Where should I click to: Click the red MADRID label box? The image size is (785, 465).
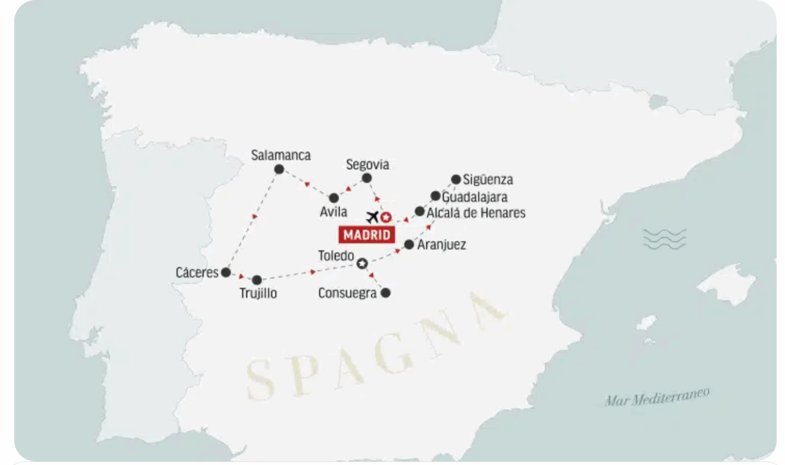(366, 235)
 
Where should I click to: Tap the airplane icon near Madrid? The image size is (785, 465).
(372, 217)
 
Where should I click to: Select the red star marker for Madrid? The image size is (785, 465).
(386, 217)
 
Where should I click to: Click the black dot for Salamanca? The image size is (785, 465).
(279, 169)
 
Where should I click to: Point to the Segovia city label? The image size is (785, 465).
(367, 165)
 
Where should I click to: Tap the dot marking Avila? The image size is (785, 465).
(334, 198)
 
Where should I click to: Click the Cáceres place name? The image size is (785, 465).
(197, 273)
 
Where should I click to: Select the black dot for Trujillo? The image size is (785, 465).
(257, 280)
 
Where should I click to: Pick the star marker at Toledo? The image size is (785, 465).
(362, 263)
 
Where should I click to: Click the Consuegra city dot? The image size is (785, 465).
(385, 293)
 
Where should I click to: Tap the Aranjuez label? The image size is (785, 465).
(442, 245)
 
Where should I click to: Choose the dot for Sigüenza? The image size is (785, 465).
(456, 180)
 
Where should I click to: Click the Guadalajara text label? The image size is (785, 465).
(475, 197)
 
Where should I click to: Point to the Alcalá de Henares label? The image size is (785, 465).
(476, 213)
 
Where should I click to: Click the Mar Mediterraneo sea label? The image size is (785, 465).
(657, 396)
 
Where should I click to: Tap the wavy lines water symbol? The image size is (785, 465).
(665, 240)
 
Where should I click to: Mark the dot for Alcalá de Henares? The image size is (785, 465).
(419, 211)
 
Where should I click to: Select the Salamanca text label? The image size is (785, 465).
(281, 156)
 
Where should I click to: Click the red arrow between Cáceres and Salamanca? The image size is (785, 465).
(255, 216)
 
